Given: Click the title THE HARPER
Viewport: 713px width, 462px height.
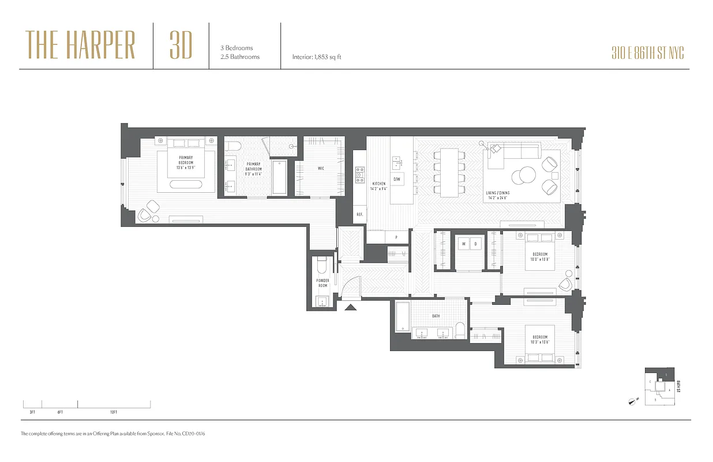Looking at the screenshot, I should tap(80, 46).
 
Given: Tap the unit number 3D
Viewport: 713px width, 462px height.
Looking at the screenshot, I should tap(181, 46).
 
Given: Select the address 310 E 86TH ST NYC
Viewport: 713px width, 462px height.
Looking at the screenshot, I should tap(647, 54).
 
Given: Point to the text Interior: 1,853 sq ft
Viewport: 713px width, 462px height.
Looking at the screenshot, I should tap(317, 57).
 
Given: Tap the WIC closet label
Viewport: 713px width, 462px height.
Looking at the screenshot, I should tap(320, 169).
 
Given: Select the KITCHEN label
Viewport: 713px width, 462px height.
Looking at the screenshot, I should tap(378, 186).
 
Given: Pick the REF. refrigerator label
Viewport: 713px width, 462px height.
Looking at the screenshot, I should tap(359, 214).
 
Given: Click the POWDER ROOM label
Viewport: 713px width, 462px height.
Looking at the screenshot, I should tap(322, 283).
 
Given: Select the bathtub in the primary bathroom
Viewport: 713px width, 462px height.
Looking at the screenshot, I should tap(279, 177).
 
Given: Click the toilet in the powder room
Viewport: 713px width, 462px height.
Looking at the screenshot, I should tap(322, 266).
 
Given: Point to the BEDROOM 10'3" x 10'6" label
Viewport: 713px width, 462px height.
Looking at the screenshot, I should tap(540, 340).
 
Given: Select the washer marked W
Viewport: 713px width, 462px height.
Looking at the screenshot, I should tap(463, 244).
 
